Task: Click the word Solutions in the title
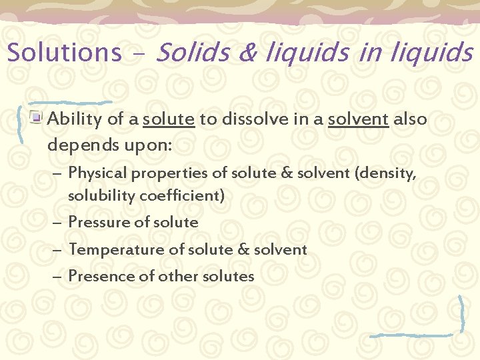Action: [64, 52]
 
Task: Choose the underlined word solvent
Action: [358, 120]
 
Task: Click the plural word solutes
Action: [229, 276]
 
